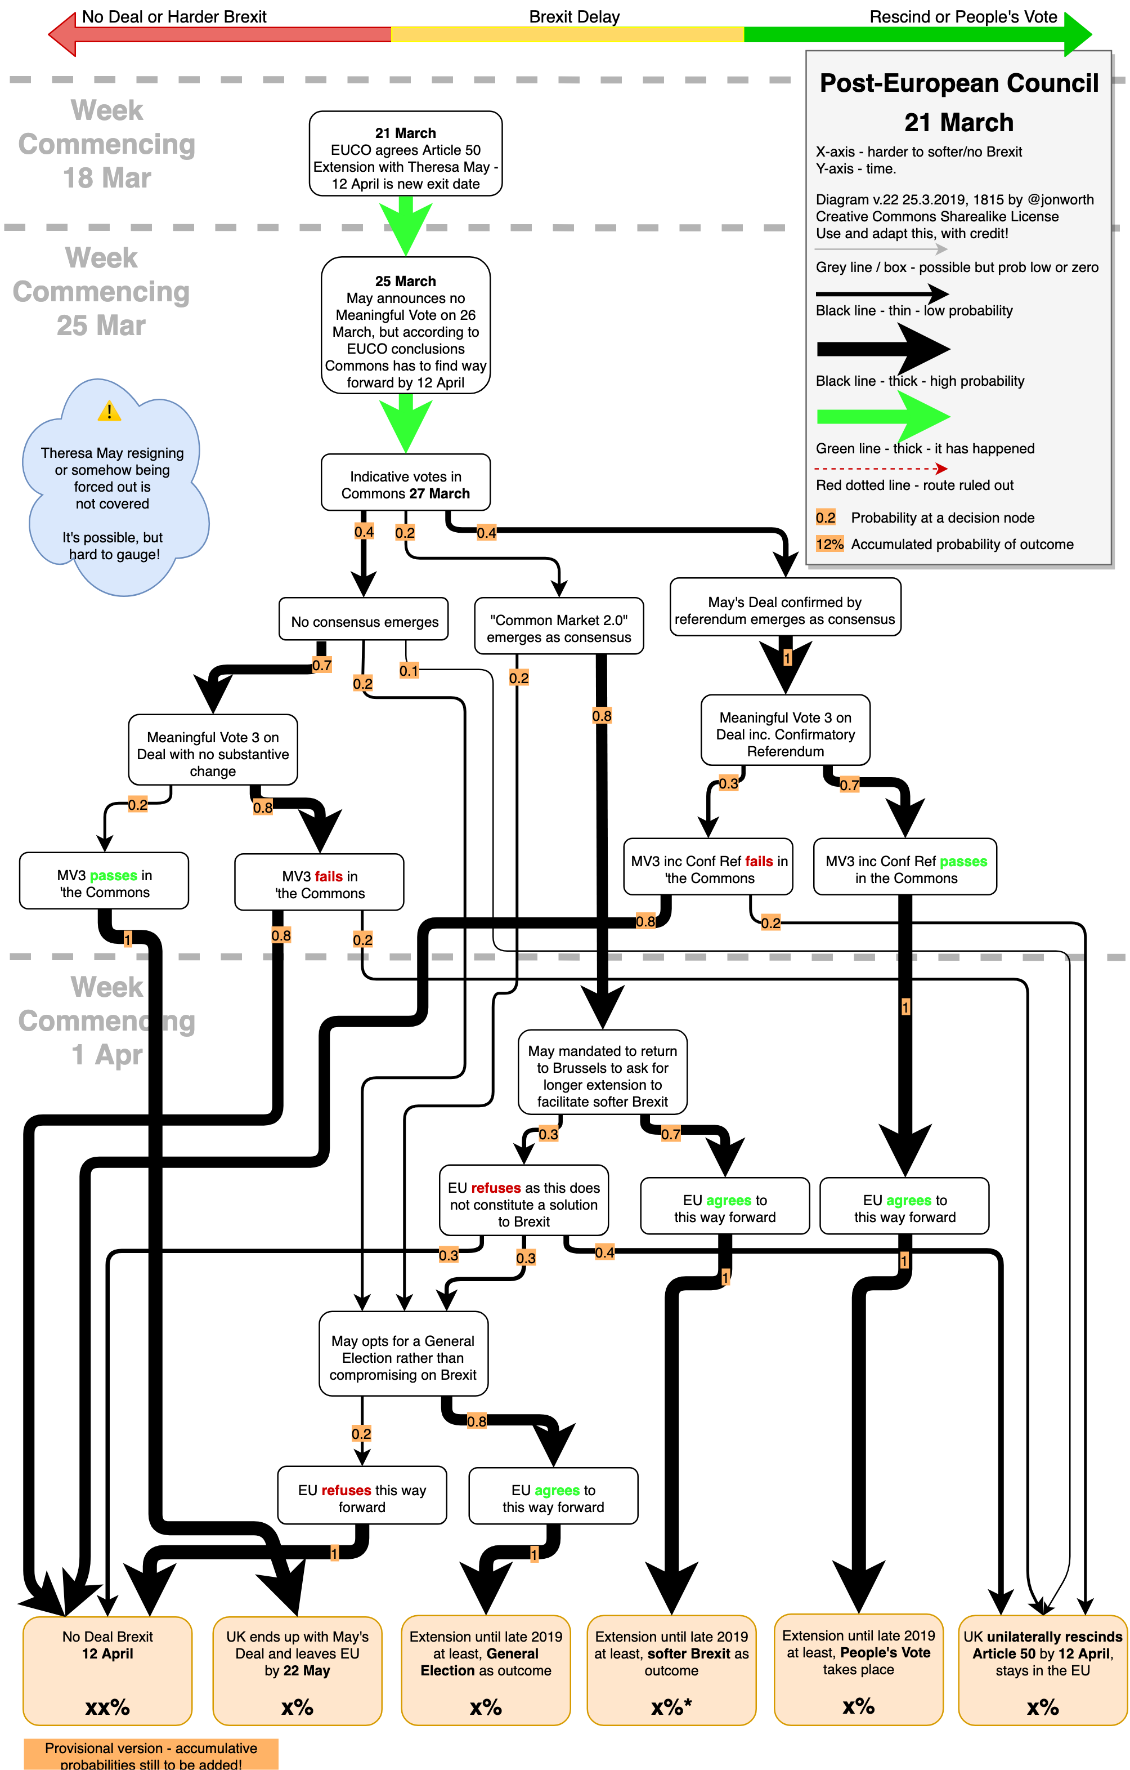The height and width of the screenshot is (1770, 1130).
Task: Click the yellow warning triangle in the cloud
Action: coord(110,411)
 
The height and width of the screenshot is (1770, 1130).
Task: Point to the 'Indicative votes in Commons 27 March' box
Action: coord(406,483)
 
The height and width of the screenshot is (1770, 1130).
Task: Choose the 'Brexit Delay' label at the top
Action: coord(574,16)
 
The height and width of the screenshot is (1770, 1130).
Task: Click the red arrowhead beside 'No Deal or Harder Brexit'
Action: coord(62,34)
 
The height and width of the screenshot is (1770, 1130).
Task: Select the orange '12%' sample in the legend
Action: coord(829,544)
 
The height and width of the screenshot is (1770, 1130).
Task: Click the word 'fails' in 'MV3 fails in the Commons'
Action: coord(329,876)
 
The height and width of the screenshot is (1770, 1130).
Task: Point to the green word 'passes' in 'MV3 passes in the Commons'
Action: coord(113,876)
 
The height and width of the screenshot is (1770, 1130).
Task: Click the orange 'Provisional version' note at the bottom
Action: coord(151,1755)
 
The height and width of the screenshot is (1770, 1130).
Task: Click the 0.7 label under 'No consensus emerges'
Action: coord(322,665)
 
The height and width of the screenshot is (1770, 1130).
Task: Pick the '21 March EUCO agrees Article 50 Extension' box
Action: coord(406,154)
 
